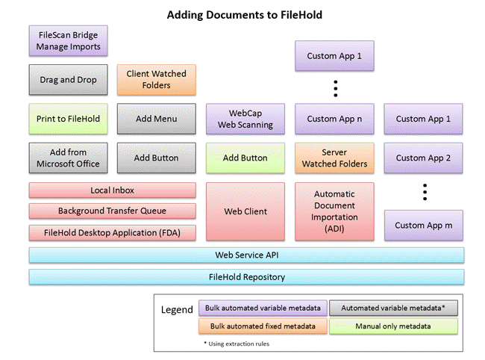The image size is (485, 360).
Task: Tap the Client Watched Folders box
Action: [157, 80]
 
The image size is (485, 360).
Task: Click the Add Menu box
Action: [157, 119]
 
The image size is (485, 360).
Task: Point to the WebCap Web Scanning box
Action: [245, 119]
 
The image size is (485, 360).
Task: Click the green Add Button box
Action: [245, 158]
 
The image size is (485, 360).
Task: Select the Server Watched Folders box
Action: [334, 158]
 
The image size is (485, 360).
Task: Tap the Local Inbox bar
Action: [113, 190]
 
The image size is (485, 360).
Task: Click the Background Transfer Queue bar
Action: [113, 211]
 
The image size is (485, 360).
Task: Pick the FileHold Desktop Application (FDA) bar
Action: [113, 232]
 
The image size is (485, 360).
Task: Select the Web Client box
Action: [245, 211]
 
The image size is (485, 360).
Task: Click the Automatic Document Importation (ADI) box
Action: [334, 211]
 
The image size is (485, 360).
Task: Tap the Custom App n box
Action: [334, 119]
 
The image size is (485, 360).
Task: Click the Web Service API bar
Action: [246, 255]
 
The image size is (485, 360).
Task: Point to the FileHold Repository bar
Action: [246, 277]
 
